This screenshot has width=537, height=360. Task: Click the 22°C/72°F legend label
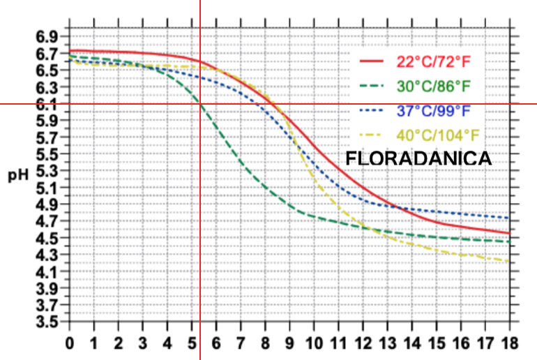(x=434, y=62)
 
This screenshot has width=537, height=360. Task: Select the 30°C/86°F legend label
(x=434, y=87)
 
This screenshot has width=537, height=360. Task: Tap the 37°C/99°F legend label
(x=434, y=111)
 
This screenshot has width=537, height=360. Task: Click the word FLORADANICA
(x=419, y=159)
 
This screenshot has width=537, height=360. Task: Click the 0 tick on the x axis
(x=70, y=343)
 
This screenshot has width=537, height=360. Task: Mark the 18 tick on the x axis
(x=509, y=343)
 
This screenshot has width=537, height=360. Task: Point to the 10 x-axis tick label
(x=314, y=343)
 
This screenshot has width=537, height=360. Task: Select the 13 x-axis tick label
(x=387, y=343)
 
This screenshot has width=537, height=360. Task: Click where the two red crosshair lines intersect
(x=200, y=105)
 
